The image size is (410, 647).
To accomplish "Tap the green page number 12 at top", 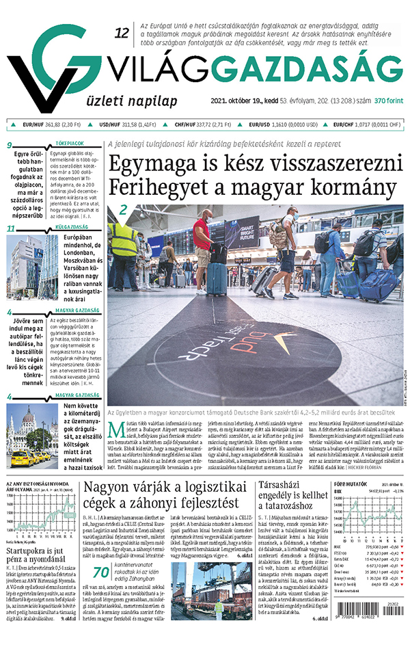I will pos(122,33).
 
